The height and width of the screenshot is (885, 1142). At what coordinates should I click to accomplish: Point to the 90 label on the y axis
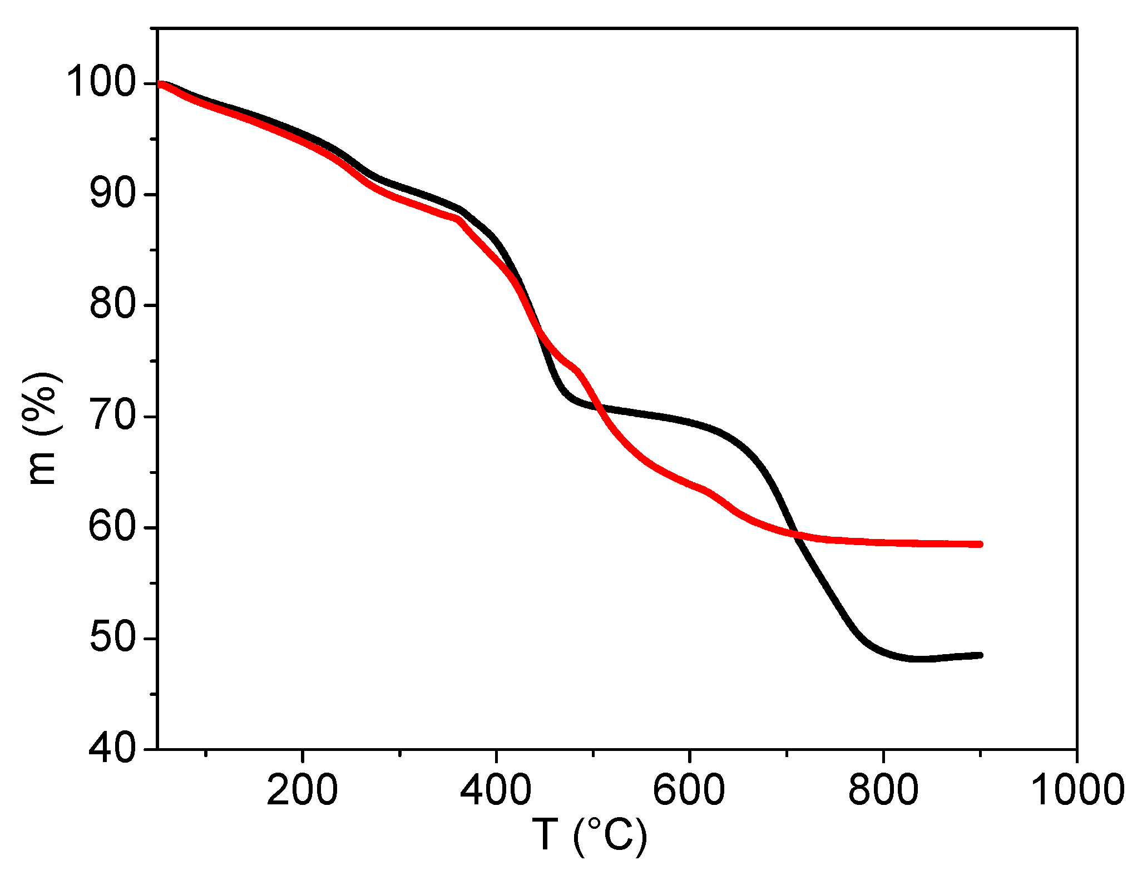(111, 195)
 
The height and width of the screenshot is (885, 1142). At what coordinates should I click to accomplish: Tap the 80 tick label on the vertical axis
(111, 305)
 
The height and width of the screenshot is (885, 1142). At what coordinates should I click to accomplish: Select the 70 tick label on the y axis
(111, 416)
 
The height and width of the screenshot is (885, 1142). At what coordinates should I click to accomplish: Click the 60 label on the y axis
(111, 527)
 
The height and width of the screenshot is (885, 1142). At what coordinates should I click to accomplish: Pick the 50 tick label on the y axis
(111, 638)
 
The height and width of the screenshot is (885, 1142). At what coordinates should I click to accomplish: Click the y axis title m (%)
(42, 428)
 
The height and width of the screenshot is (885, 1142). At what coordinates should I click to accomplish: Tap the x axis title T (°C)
(590, 836)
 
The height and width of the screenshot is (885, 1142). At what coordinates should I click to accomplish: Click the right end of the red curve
(981, 544)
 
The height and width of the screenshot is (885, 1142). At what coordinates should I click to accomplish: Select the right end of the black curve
(981, 655)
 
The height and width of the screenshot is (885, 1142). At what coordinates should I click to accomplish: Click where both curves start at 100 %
(161, 85)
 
